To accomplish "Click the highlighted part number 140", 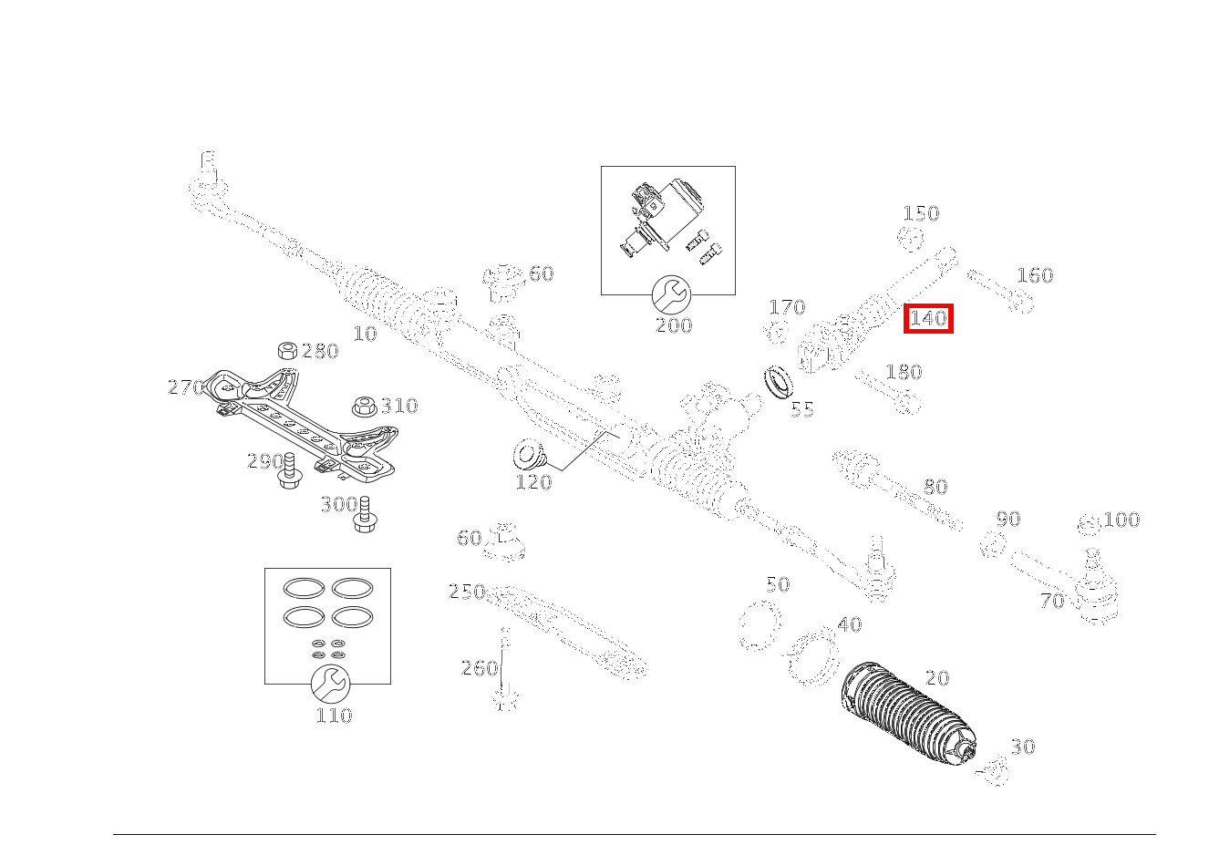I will (x=928, y=319).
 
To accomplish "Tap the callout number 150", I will (x=920, y=213).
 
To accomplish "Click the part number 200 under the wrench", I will (x=673, y=325).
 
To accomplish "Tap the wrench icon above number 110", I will (x=329, y=683).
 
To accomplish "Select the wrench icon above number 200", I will (x=671, y=294).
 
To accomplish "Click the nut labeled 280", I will (x=286, y=350).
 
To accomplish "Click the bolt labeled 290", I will (x=290, y=469).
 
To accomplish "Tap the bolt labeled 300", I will (x=365, y=514).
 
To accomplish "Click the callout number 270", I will (x=185, y=387).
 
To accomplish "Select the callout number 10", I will (x=365, y=334).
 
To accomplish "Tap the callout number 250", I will (x=466, y=592).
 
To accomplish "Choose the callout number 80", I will (x=935, y=487).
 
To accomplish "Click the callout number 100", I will (x=1121, y=520).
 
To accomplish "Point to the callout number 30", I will (x=1023, y=747).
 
